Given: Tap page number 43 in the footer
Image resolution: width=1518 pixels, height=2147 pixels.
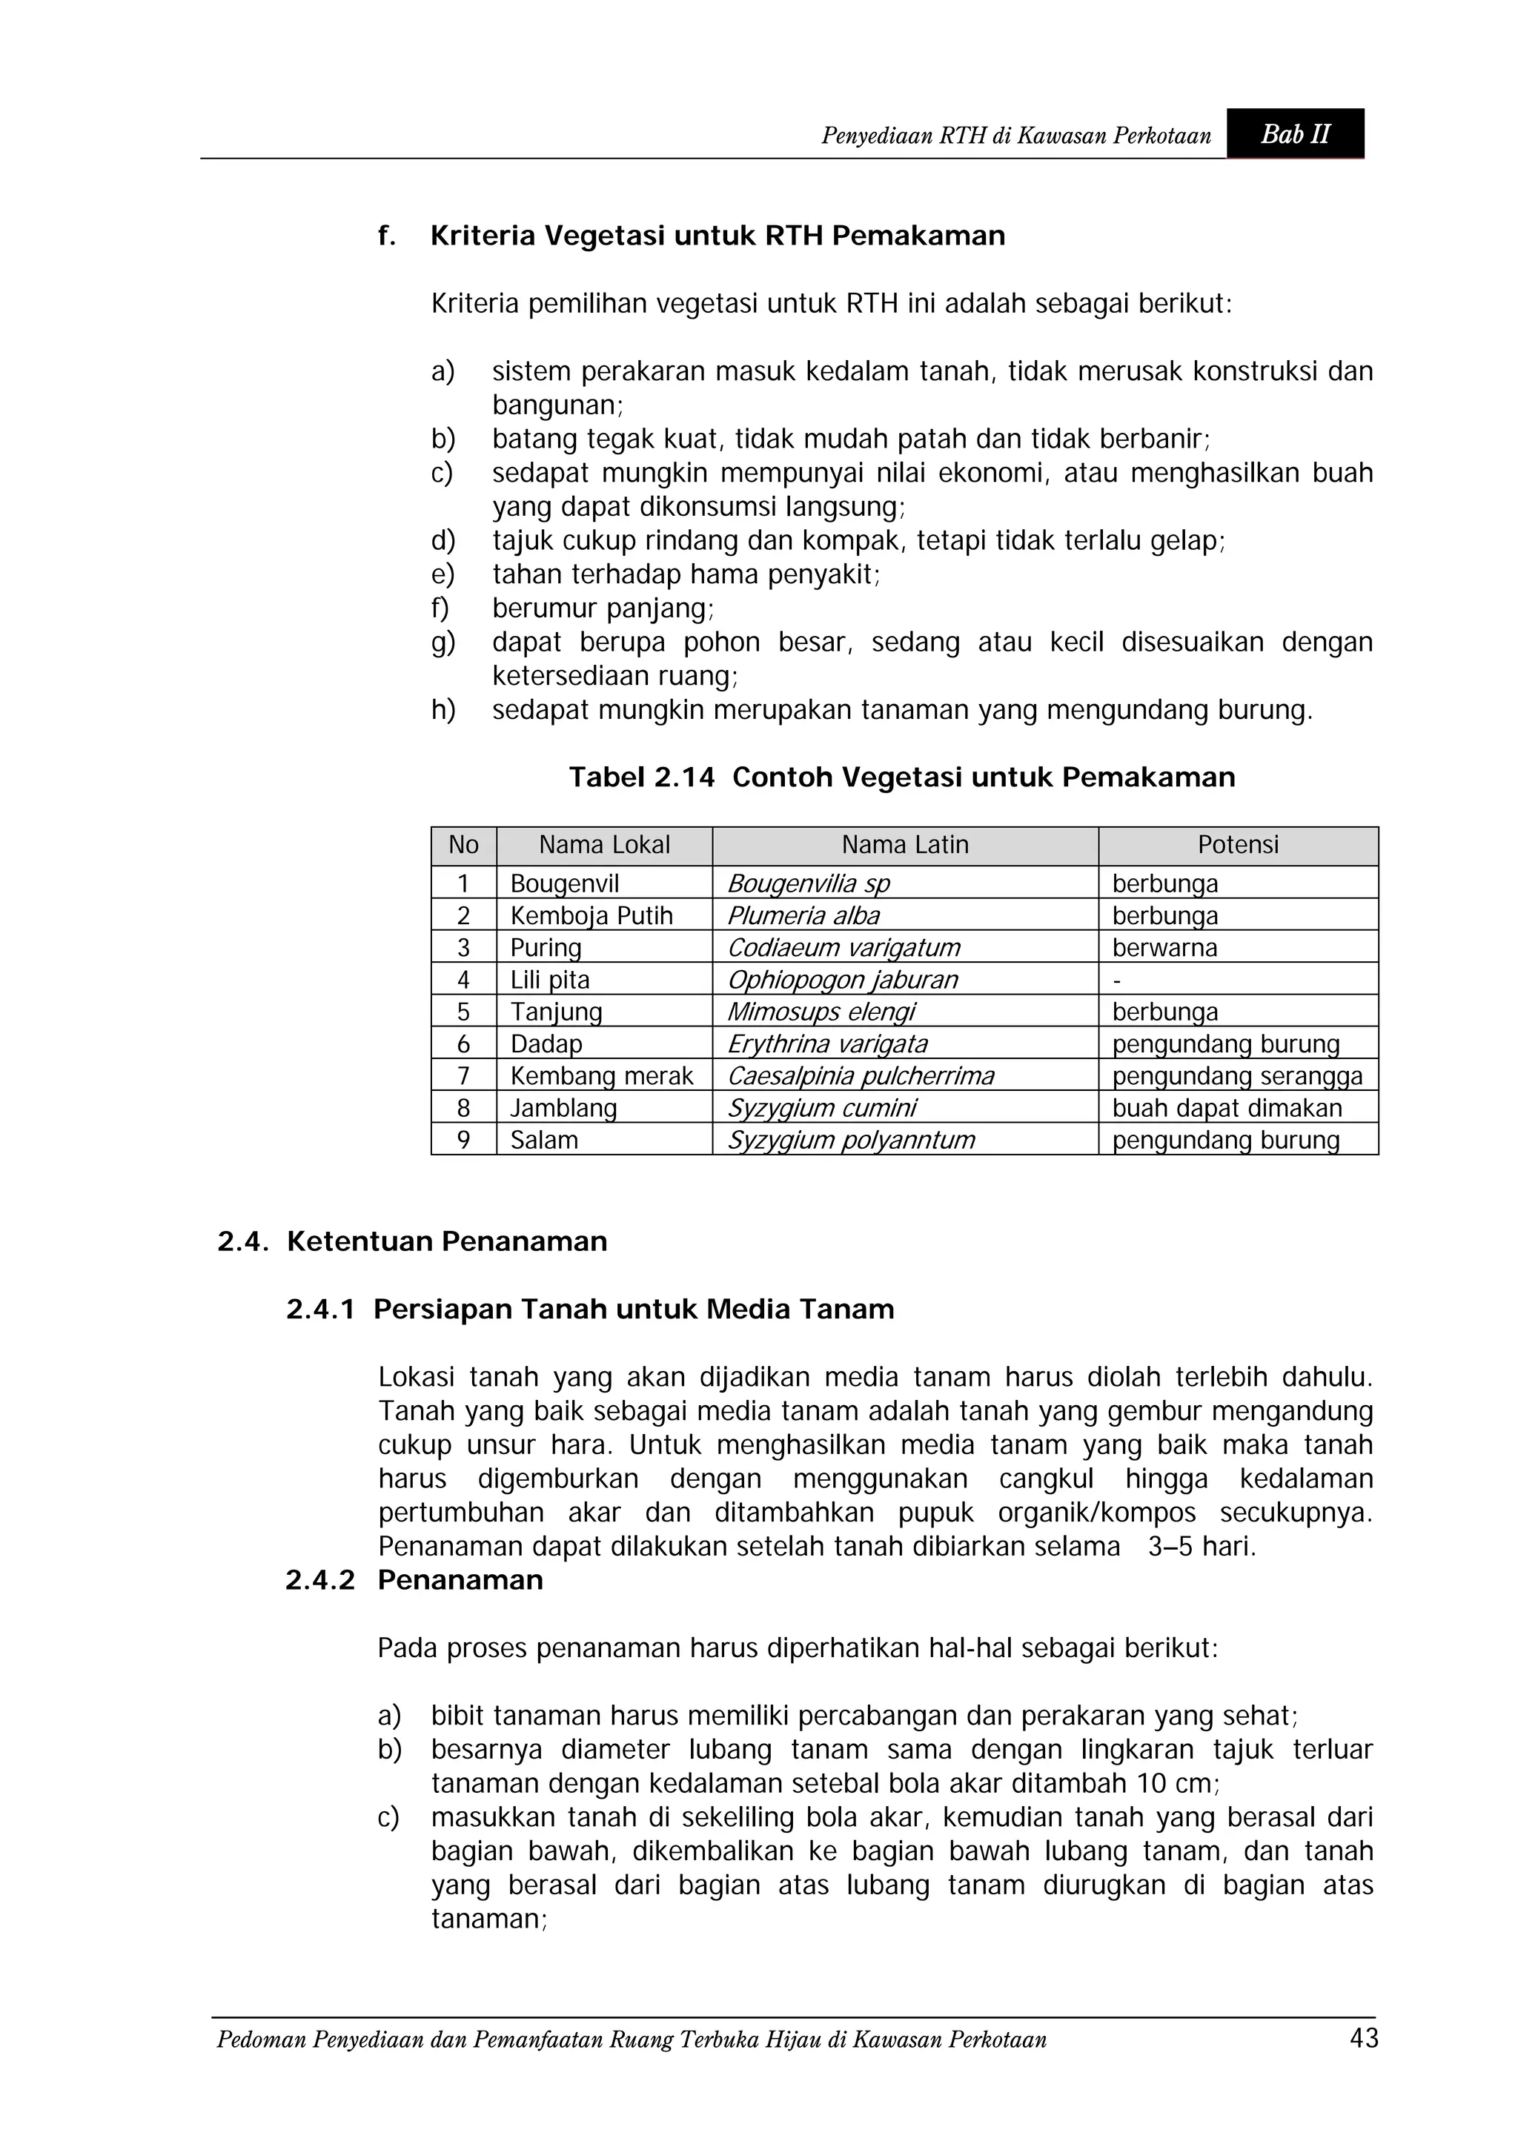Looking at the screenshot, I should coord(1364,2039).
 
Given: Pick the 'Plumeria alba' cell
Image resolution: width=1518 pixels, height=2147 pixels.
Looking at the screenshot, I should coord(803,915).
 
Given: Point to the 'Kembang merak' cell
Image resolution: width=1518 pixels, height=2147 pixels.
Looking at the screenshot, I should coord(601,1076).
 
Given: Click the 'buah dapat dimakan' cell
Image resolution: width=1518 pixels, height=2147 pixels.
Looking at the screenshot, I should coord(1226,1108).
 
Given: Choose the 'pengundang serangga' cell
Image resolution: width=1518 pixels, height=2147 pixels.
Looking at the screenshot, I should coord(1236,1076).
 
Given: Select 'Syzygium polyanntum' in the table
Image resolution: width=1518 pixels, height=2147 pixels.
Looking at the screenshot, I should coord(850,1140).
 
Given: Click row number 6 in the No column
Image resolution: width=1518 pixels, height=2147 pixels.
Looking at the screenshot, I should coord(463,1044).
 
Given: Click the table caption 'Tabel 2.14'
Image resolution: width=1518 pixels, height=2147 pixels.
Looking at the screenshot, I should coord(642,777).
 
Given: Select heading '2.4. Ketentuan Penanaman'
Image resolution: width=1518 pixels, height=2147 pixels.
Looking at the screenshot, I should coord(412,1242).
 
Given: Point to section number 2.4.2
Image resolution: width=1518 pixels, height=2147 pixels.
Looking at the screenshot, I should coord(320,1580).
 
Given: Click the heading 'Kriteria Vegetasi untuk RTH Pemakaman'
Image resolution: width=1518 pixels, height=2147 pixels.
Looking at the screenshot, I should coord(717,236).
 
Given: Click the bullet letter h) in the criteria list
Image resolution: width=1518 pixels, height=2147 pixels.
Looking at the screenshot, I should coord(443,711).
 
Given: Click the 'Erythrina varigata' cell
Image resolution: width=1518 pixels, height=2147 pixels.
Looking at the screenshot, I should coord(826,1044).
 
